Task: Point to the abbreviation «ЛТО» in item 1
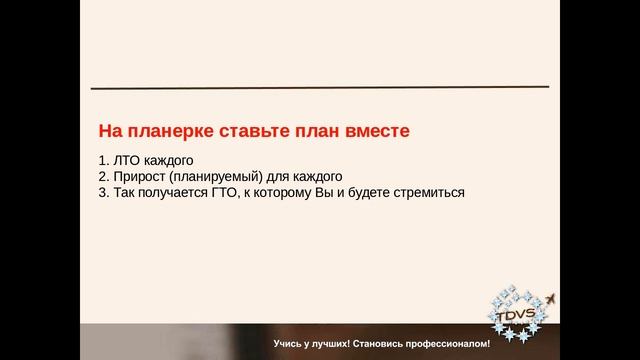tap(128, 159)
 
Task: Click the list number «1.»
tap(104, 159)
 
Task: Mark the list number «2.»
tap(104, 175)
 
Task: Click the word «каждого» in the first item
tap(170, 159)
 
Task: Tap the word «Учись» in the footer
tap(289, 344)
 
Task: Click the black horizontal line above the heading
tap(320, 88)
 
